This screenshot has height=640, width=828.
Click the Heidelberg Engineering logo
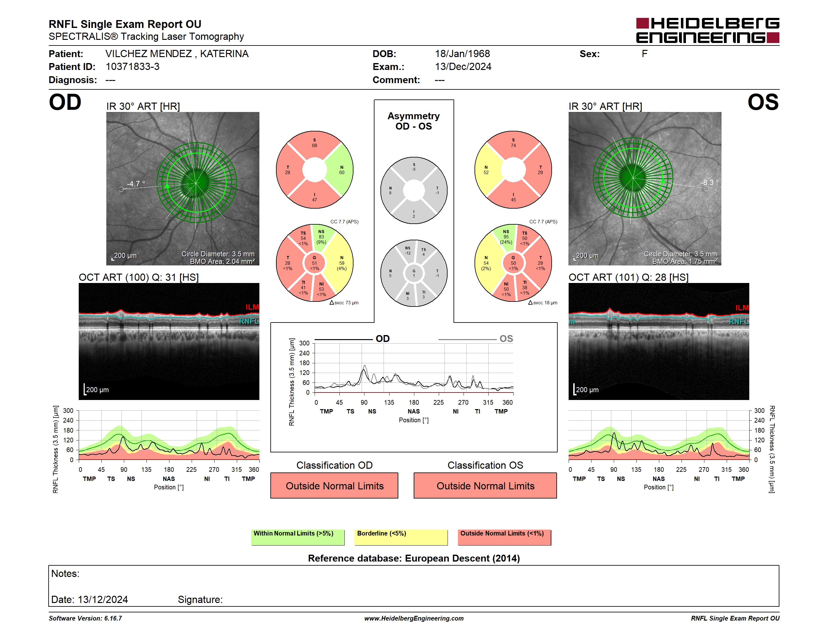(x=708, y=30)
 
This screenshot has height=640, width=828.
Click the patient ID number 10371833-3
(x=132, y=67)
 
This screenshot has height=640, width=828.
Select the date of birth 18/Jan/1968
(x=462, y=54)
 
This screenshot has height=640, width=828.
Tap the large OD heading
(x=65, y=102)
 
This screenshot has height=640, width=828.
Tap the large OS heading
(x=763, y=102)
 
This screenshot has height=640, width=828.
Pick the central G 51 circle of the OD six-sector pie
(x=315, y=263)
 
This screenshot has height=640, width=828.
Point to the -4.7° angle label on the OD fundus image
(x=136, y=184)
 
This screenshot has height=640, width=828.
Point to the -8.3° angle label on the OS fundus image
(x=709, y=182)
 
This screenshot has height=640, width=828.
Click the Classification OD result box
(x=334, y=485)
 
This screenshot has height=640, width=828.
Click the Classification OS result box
(x=485, y=485)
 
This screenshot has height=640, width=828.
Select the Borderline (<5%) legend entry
(x=401, y=537)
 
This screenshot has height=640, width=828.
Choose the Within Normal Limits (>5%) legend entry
(x=298, y=537)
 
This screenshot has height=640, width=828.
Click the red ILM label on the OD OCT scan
(x=252, y=307)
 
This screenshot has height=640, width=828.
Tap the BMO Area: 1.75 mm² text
(x=685, y=262)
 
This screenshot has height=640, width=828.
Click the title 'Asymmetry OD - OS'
(x=414, y=121)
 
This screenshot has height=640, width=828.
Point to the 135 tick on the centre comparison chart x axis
(x=389, y=402)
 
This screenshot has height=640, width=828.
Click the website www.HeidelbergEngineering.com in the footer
(x=414, y=618)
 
